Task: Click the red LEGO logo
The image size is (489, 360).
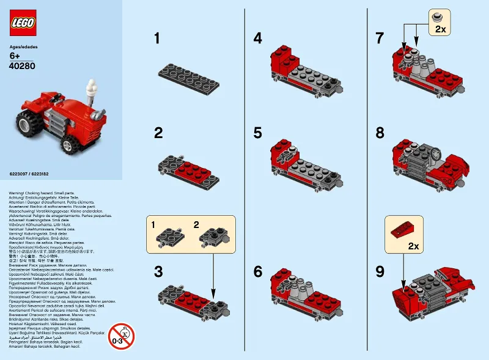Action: pyautogui.click(x=23, y=23)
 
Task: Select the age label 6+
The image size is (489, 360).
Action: pyautogui.click(x=16, y=57)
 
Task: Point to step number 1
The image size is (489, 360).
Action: pyautogui.click(x=157, y=39)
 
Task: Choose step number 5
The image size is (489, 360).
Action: pyautogui.click(x=258, y=132)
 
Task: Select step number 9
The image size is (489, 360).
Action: pyautogui.click(x=380, y=271)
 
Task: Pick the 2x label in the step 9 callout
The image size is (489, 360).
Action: pyautogui.click(x=413, y=246)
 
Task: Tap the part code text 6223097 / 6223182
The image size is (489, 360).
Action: pyautogui.click(x=29, y=175)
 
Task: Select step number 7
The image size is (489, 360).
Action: pyautogui.click(x=380, y=39)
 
